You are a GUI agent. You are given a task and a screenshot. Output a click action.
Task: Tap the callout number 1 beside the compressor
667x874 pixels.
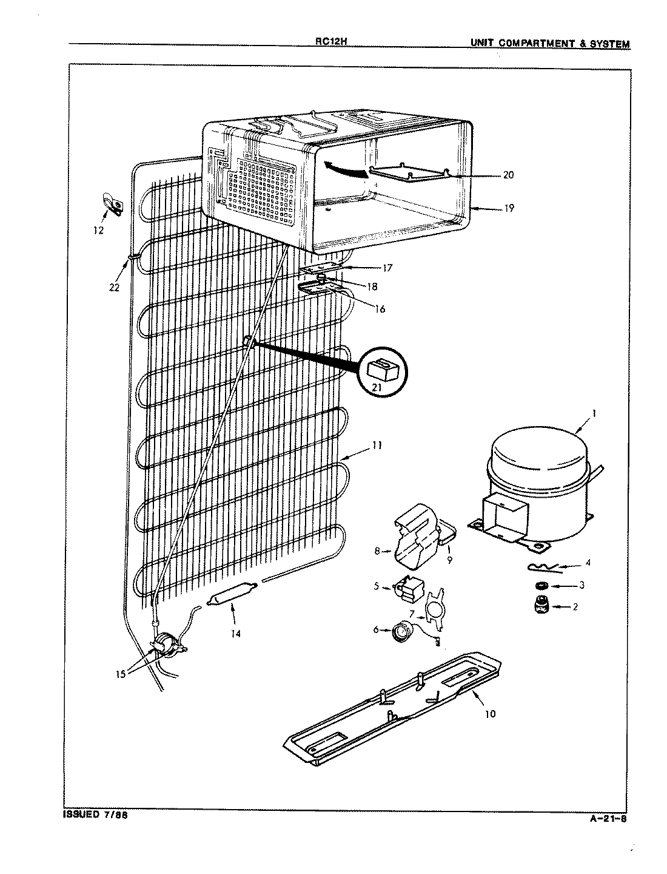click(594, 413)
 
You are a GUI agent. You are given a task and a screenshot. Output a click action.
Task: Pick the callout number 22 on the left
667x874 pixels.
click(114, 287)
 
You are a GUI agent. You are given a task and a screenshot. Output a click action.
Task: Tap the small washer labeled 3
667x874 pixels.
click(539, 586)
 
